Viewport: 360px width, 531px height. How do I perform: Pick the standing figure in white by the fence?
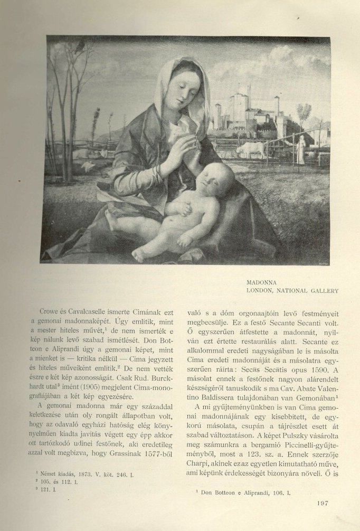click(301, 150)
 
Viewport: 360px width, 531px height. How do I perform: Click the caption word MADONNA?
click(262, 283)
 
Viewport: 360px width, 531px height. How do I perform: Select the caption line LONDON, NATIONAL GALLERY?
click(292, 291)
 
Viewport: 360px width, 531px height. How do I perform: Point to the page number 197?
click(324, 503)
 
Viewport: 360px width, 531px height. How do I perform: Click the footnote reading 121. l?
click(53, 490)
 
